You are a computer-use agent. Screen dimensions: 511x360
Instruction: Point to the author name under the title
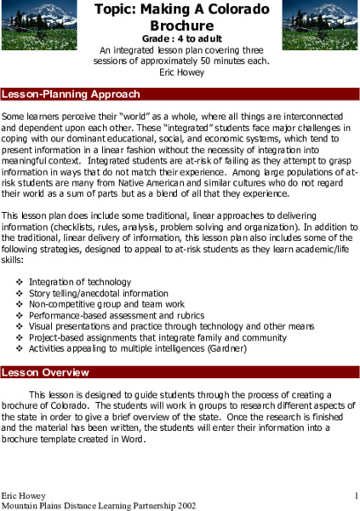(180, 72)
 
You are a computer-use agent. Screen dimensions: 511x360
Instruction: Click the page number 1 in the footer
(355, 495)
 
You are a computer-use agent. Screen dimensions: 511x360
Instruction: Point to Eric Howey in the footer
(21, 495)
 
